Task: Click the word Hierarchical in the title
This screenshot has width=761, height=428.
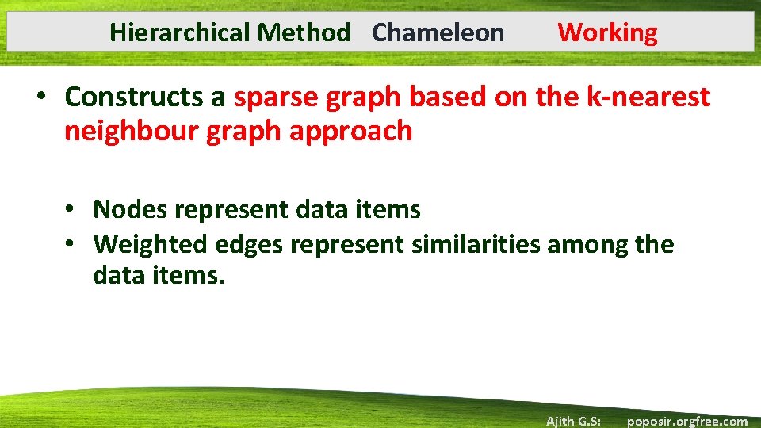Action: pyautogui.click(x=180, y=32)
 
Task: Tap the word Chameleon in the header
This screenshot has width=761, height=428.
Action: pyautogui.click(x=438, y=32)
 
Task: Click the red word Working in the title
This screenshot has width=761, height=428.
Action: pyautogui.click(x=607, y=32)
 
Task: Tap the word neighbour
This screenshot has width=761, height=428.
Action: pyautogui.click(x=132, y=131)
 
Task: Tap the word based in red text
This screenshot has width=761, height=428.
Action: pyautogui.click(x=445, y=97)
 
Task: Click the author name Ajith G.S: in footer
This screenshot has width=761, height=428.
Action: pyautogui.click(x=573, y=421)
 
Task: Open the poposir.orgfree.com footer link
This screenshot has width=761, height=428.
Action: pyautogui.click(x=686, y=421)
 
